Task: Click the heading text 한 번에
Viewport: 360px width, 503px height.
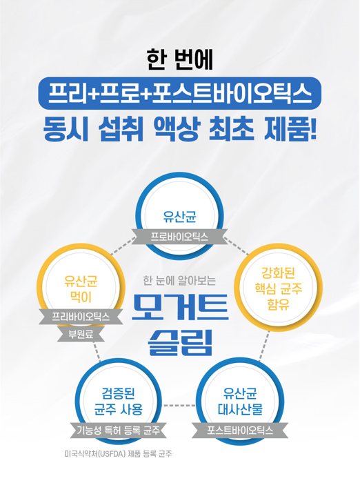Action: pyautogui.click(x=180, y=59)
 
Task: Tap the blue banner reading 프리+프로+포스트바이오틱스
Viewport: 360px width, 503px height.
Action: pyautogui.click(x=180, y=93)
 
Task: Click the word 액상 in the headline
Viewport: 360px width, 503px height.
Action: pyautogui.click(x=177, y=129)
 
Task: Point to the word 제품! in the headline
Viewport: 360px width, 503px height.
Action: pyautogui.click(x=290, y=129)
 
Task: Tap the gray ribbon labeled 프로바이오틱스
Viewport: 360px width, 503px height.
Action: pyautogui.click(x=179, y=237)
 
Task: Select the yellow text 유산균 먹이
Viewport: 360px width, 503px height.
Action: pyautogui.click(x=81, y=289)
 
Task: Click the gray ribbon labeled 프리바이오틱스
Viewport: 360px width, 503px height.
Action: pyautogui.click(x=81, y=317)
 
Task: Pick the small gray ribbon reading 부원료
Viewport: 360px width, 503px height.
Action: pyautogui.click(x=81, y=334)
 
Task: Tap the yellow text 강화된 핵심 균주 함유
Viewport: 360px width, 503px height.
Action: pyautogui.click(x=278, y=288)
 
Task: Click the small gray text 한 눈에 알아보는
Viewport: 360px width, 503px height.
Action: pyautogui.click(x=179, y=280)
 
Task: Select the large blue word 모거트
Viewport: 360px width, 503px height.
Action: pyautogui.click(x=180, y=307)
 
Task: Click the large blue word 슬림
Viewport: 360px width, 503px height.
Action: pyautogui.click(x=180, y=342)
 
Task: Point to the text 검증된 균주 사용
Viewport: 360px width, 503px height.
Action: pyautogui.click(x=119, y=401)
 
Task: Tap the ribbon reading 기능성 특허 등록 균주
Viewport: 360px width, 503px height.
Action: pyautogui.click(x=119, y=430)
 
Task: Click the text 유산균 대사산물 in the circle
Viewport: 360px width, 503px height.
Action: pyautogui.click(x=240, y=401)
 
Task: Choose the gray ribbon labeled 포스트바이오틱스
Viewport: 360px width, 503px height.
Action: pyautogui.click(x=240, y=430)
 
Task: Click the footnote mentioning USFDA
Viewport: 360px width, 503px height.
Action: pyautogui.click(x=119, y=454)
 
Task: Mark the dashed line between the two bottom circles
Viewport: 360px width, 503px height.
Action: pyautogui.click(x=179, y=406)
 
